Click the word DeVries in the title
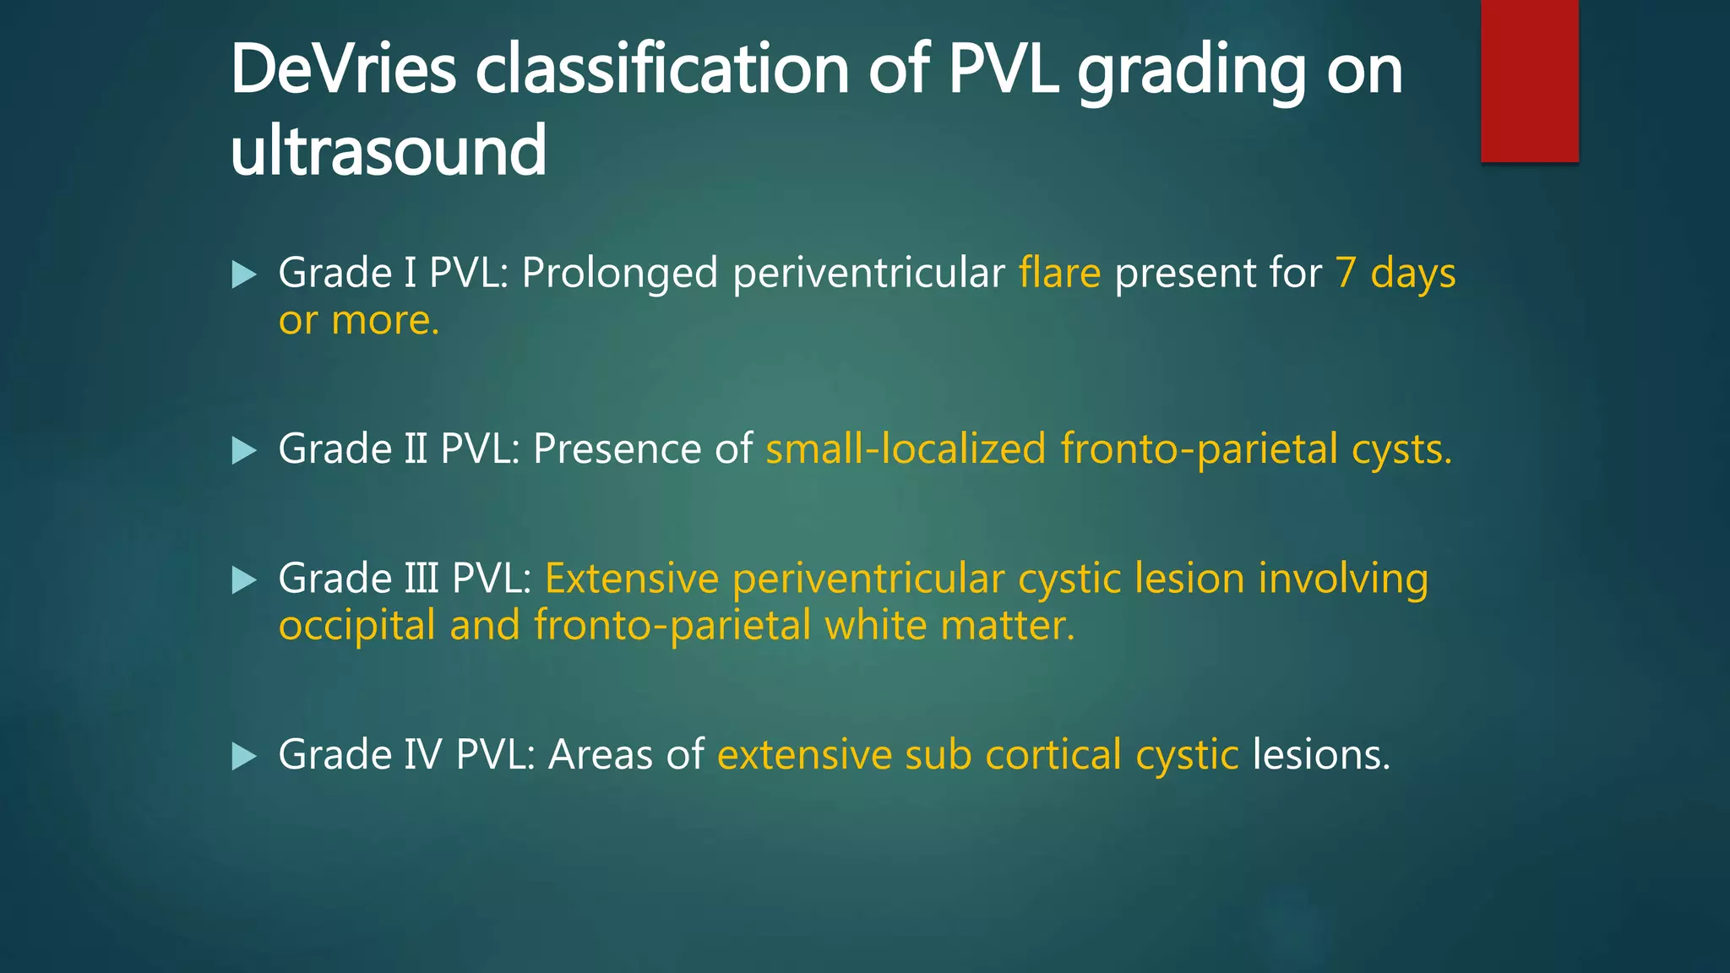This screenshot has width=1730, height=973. point(343,69)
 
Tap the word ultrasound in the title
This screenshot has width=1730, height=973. point(389,150)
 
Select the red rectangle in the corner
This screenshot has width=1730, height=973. point(1529,80)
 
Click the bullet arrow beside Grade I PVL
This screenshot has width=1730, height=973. point(243,275)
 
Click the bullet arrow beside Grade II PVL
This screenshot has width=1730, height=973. point(243,450)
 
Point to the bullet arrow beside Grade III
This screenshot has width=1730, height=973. point(243,580)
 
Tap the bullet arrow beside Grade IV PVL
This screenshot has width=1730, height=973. point(243,756)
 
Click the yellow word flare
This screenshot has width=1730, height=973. point(1059,274)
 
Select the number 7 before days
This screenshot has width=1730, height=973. point(1346,274)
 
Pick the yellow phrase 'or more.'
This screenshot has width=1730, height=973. point(359,321)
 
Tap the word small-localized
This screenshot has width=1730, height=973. point(906,448)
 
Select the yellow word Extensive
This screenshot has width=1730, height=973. point(632,579)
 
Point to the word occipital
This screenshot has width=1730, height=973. point(356,627)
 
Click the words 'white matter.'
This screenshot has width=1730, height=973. point(949,626)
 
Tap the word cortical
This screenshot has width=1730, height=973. point(1053,754)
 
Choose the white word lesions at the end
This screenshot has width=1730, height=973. point(1320,754)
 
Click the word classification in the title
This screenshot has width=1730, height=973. point(661,69)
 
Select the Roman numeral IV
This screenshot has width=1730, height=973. point(422,754)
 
